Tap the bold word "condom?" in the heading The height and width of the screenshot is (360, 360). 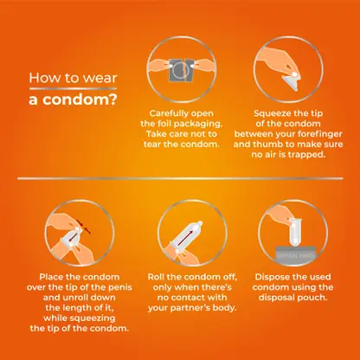click(x=80, y=100)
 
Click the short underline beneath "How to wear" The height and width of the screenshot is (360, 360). click(x=73, y=88)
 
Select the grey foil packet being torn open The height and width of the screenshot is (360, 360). click(x=181, y=70)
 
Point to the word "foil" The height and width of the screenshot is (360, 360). click(x=164, y=124)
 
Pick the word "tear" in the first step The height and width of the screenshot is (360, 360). click(x=152, y=145)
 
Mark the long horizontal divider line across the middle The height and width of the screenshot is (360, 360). click(x=180, y=178)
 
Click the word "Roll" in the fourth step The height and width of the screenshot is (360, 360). click(x=156, y=277)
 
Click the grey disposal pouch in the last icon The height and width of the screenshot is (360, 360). click(x=295, y=254)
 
